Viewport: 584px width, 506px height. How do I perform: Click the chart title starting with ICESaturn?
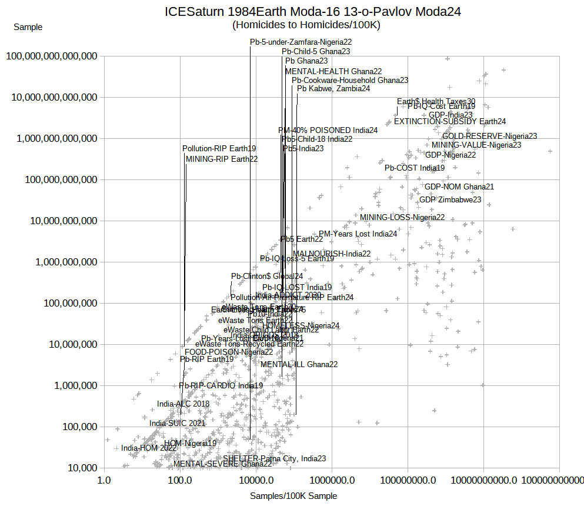pyautogui.click(x=312, y=12)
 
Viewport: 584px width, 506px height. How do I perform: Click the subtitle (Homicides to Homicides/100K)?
pyautogui.click(x=306, y=25)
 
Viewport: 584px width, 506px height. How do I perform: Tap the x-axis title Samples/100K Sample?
pyautogui.click(x=293, y=496)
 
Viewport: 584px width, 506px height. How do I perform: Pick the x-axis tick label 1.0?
pyautogui.click(x=105, y=480)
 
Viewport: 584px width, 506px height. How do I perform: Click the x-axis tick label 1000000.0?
pyautogui.click(x=332, y=480)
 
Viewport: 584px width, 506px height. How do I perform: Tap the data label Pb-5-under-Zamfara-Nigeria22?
pyautogui.click(x=301, y=42)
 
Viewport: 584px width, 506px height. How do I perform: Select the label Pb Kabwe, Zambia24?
pyautogui.click(x=333, y=89)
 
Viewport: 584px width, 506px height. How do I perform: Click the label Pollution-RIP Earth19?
pyautogui.click(x=219, y=149)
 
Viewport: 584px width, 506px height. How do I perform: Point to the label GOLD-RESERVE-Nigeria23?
pyautogui.click(x=489, y=136)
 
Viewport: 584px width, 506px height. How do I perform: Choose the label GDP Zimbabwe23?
pyautogui.click(x=450, y=199)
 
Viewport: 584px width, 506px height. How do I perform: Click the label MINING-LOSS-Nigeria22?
pyautogui.click(x=402, y=217)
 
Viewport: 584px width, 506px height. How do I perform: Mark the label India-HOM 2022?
pyautogui.click(x=149, y=448)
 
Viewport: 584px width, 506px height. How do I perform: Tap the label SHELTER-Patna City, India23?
pyautogui.click(x=274, y=458)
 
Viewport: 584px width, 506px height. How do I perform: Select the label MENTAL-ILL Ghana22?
pyautogui.click(x=299, y=364)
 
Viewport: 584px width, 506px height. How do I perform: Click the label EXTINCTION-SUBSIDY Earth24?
pyautogui.click(x=449, y=122)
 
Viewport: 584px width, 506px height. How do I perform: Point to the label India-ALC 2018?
pyautogui.click(x=183, y=404)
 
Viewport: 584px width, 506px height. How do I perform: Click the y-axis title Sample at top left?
pyautogui.click(x=28, y=27)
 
